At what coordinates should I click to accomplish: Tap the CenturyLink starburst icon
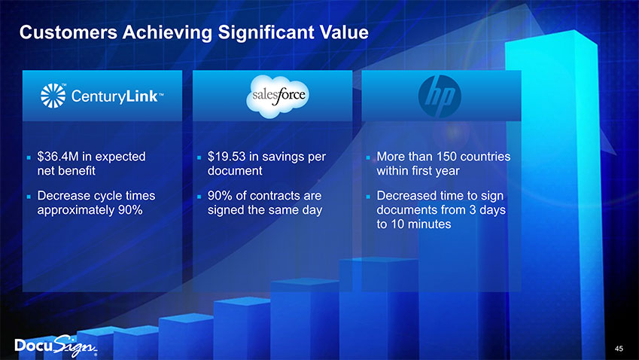click(52, 96)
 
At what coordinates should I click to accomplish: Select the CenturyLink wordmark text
click(113, 97)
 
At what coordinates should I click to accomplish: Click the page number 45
click(619, 348)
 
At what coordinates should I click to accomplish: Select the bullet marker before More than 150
click(367, 159)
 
